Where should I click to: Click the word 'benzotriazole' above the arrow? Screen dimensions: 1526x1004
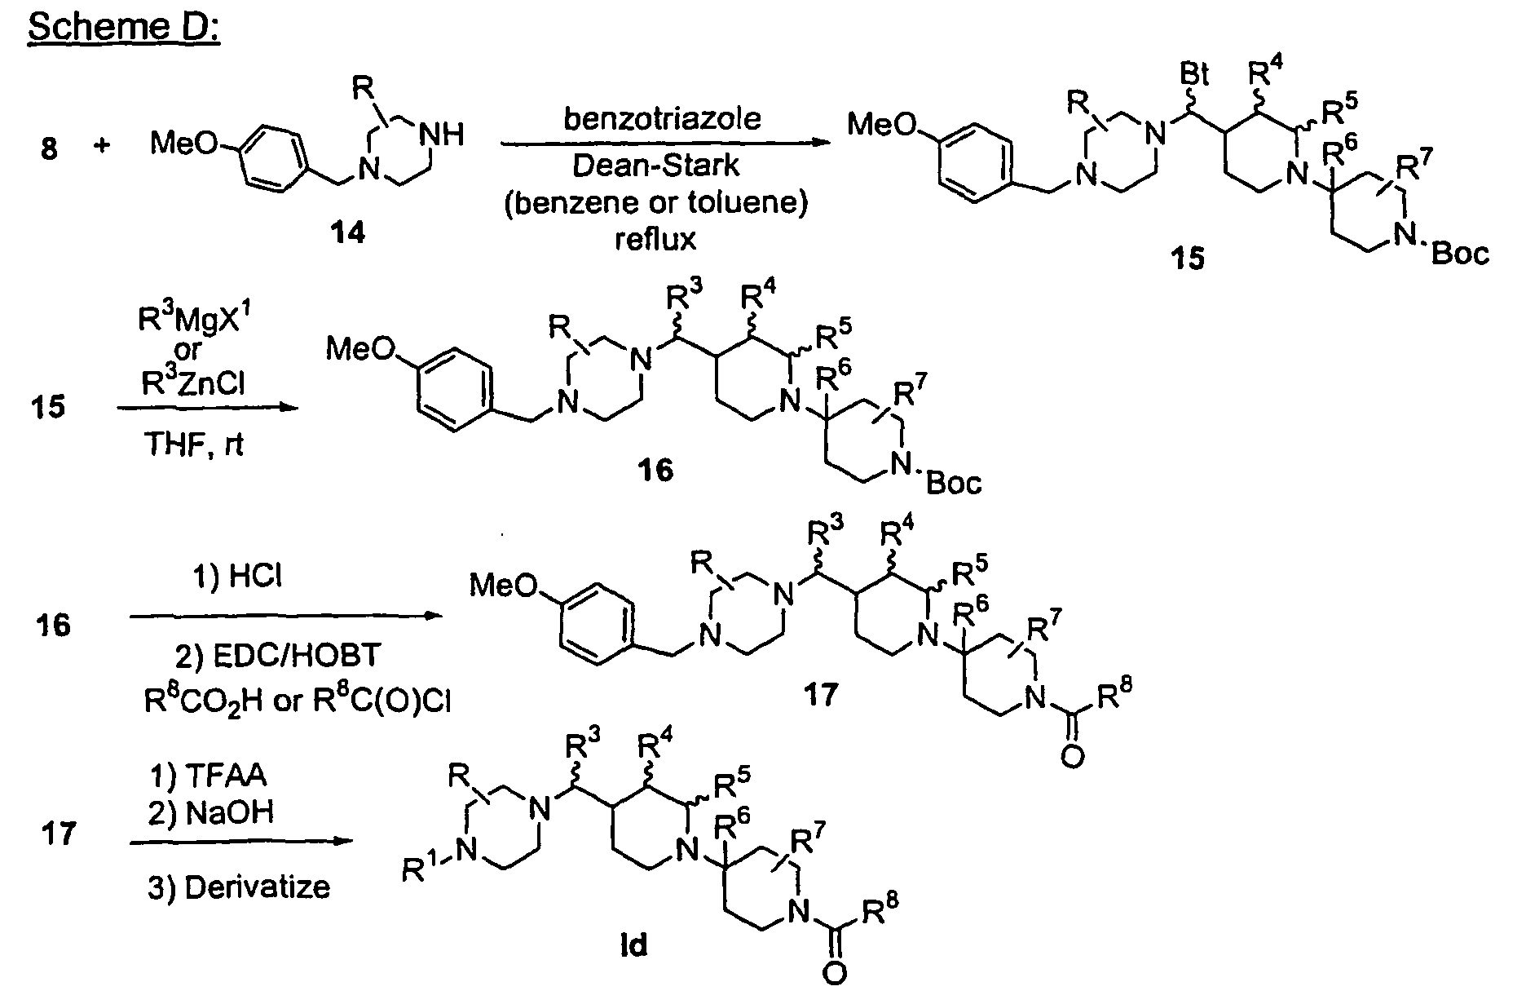pos(662,118)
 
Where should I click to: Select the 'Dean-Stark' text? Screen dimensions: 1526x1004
pos(655,166)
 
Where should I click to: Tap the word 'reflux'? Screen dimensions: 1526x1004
pos(655,239)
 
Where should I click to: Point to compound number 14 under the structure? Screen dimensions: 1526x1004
pos(346,234)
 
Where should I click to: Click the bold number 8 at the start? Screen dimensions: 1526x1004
pos(49,150)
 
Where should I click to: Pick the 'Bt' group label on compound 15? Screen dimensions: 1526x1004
pos(1194,76)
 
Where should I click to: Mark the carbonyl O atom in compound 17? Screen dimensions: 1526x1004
pos(1073,757)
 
